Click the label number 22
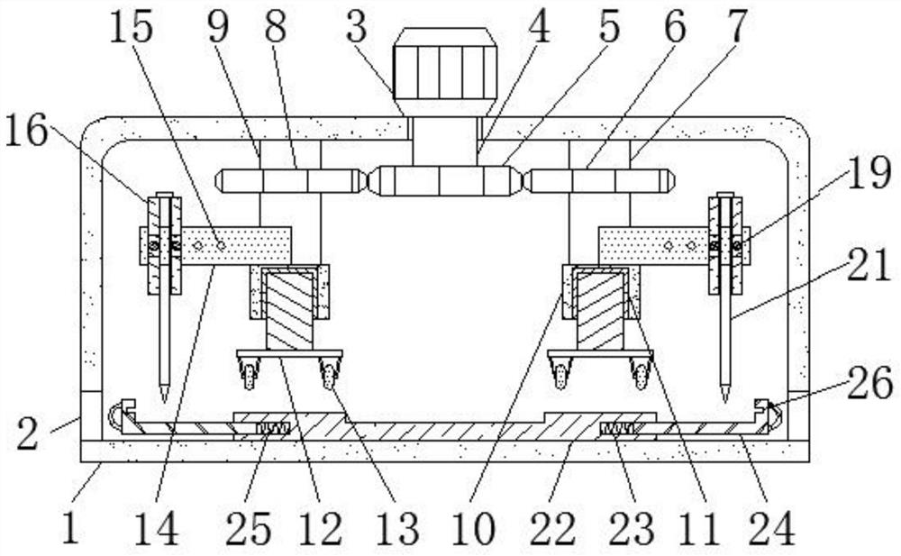553,529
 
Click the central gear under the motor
445,180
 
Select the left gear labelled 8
291,180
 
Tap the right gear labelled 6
599,180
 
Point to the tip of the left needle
164,397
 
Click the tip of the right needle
725,397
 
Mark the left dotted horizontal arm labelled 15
236,245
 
